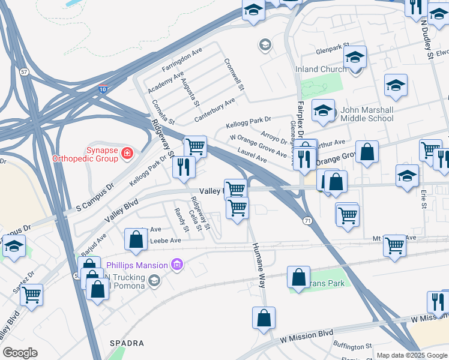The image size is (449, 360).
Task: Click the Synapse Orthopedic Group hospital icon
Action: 127,154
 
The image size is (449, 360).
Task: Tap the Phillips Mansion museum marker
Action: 176,265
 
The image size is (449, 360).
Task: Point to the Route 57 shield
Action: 24,72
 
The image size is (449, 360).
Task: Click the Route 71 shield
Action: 307,221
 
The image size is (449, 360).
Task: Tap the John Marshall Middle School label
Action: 367,114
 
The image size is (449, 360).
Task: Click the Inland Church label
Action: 321,69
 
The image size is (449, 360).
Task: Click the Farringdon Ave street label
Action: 182,62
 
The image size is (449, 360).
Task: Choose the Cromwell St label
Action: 235,74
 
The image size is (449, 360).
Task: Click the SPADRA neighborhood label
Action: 127,343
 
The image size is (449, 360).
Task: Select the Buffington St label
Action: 353,347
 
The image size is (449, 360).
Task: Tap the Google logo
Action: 20,353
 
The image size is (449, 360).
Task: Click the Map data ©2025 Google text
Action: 411,355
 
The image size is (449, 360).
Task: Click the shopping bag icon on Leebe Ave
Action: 136,239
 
